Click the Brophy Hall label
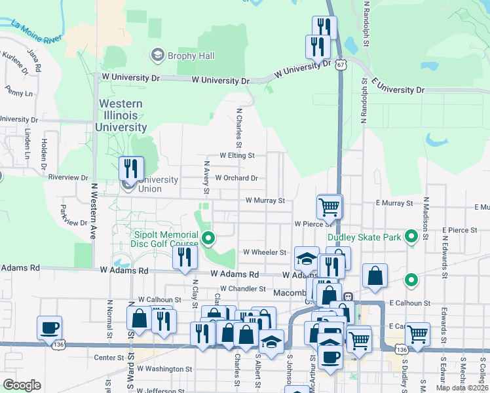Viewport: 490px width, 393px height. [x=191, y=56]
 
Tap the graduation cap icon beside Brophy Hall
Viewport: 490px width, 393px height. [x=157, y=55]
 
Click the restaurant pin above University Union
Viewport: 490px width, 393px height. [x=131, y=169]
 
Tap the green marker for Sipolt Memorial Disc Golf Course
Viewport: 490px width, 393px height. [x=208, y=238]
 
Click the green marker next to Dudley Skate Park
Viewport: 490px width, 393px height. [x=411, y=236]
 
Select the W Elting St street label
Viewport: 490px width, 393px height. [x=236, y=156]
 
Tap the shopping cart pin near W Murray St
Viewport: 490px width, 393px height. [x=329, y=206]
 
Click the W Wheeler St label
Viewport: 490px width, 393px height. [x=264, y=252]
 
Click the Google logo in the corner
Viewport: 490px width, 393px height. [x=22, y=384]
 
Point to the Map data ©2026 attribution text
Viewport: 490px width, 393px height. [x=463, y=388]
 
